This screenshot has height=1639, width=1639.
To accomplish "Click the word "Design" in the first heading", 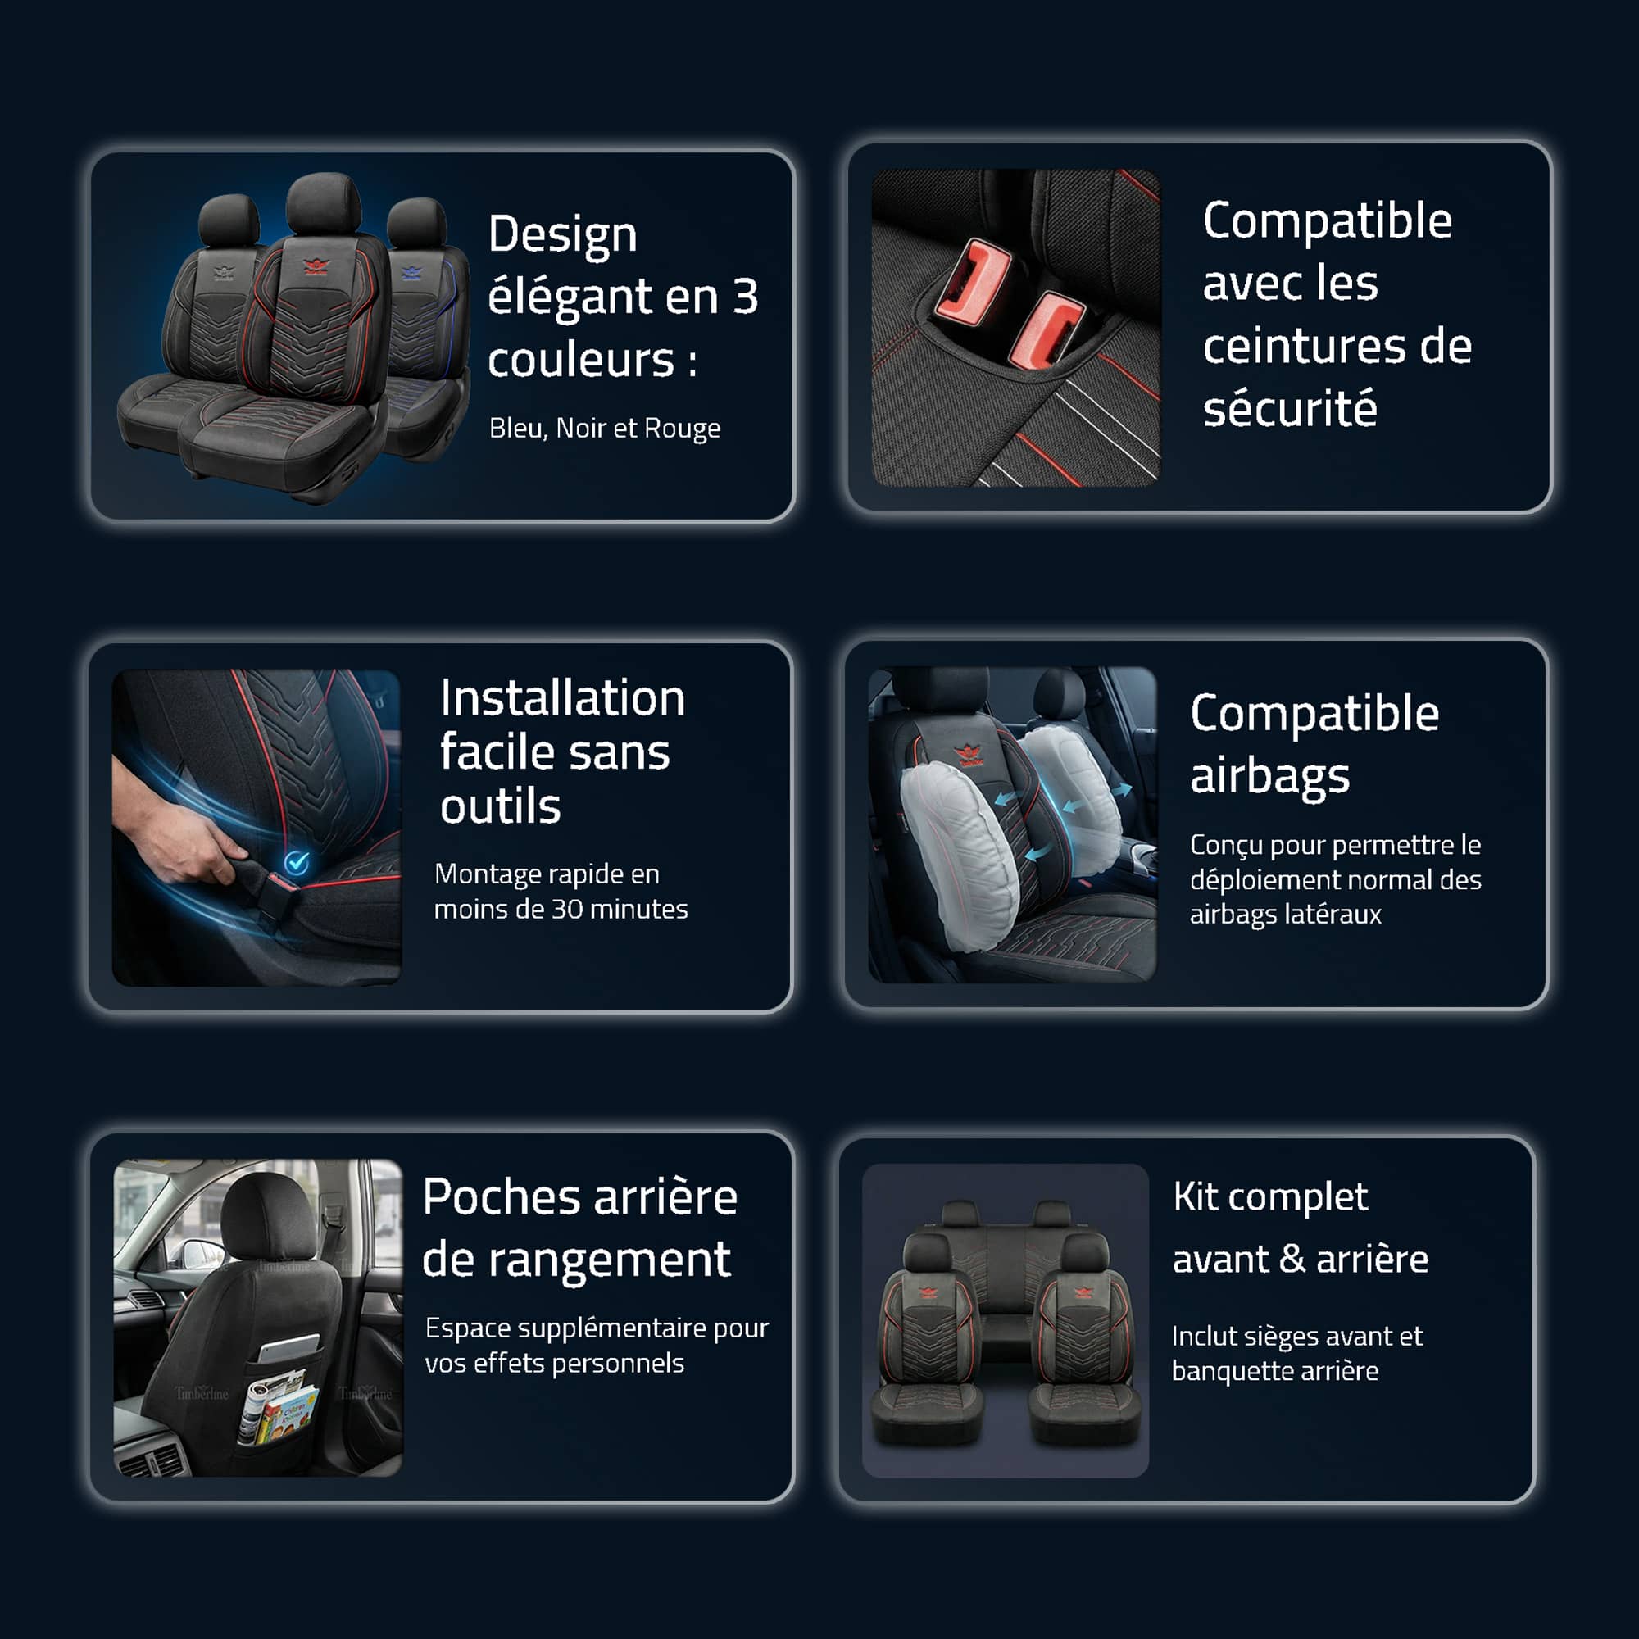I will tap(561, 235).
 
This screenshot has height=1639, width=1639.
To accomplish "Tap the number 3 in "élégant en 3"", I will tap(745, 297).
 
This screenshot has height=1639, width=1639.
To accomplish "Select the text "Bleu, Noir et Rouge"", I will tap(604, 428).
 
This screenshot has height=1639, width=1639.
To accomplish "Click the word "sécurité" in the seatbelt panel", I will tap(1289, 409).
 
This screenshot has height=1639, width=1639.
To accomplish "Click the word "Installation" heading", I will tap(561, 699).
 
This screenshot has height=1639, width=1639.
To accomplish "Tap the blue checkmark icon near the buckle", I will tap(296, 863).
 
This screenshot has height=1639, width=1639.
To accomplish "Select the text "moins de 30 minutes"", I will tap(561, 909).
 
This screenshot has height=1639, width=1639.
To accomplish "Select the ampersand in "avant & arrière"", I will tap(1292, 1259).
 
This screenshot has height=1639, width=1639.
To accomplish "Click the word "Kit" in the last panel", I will tap(1195, 1197).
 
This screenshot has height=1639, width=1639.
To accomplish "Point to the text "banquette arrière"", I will tap(1274, 1371).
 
